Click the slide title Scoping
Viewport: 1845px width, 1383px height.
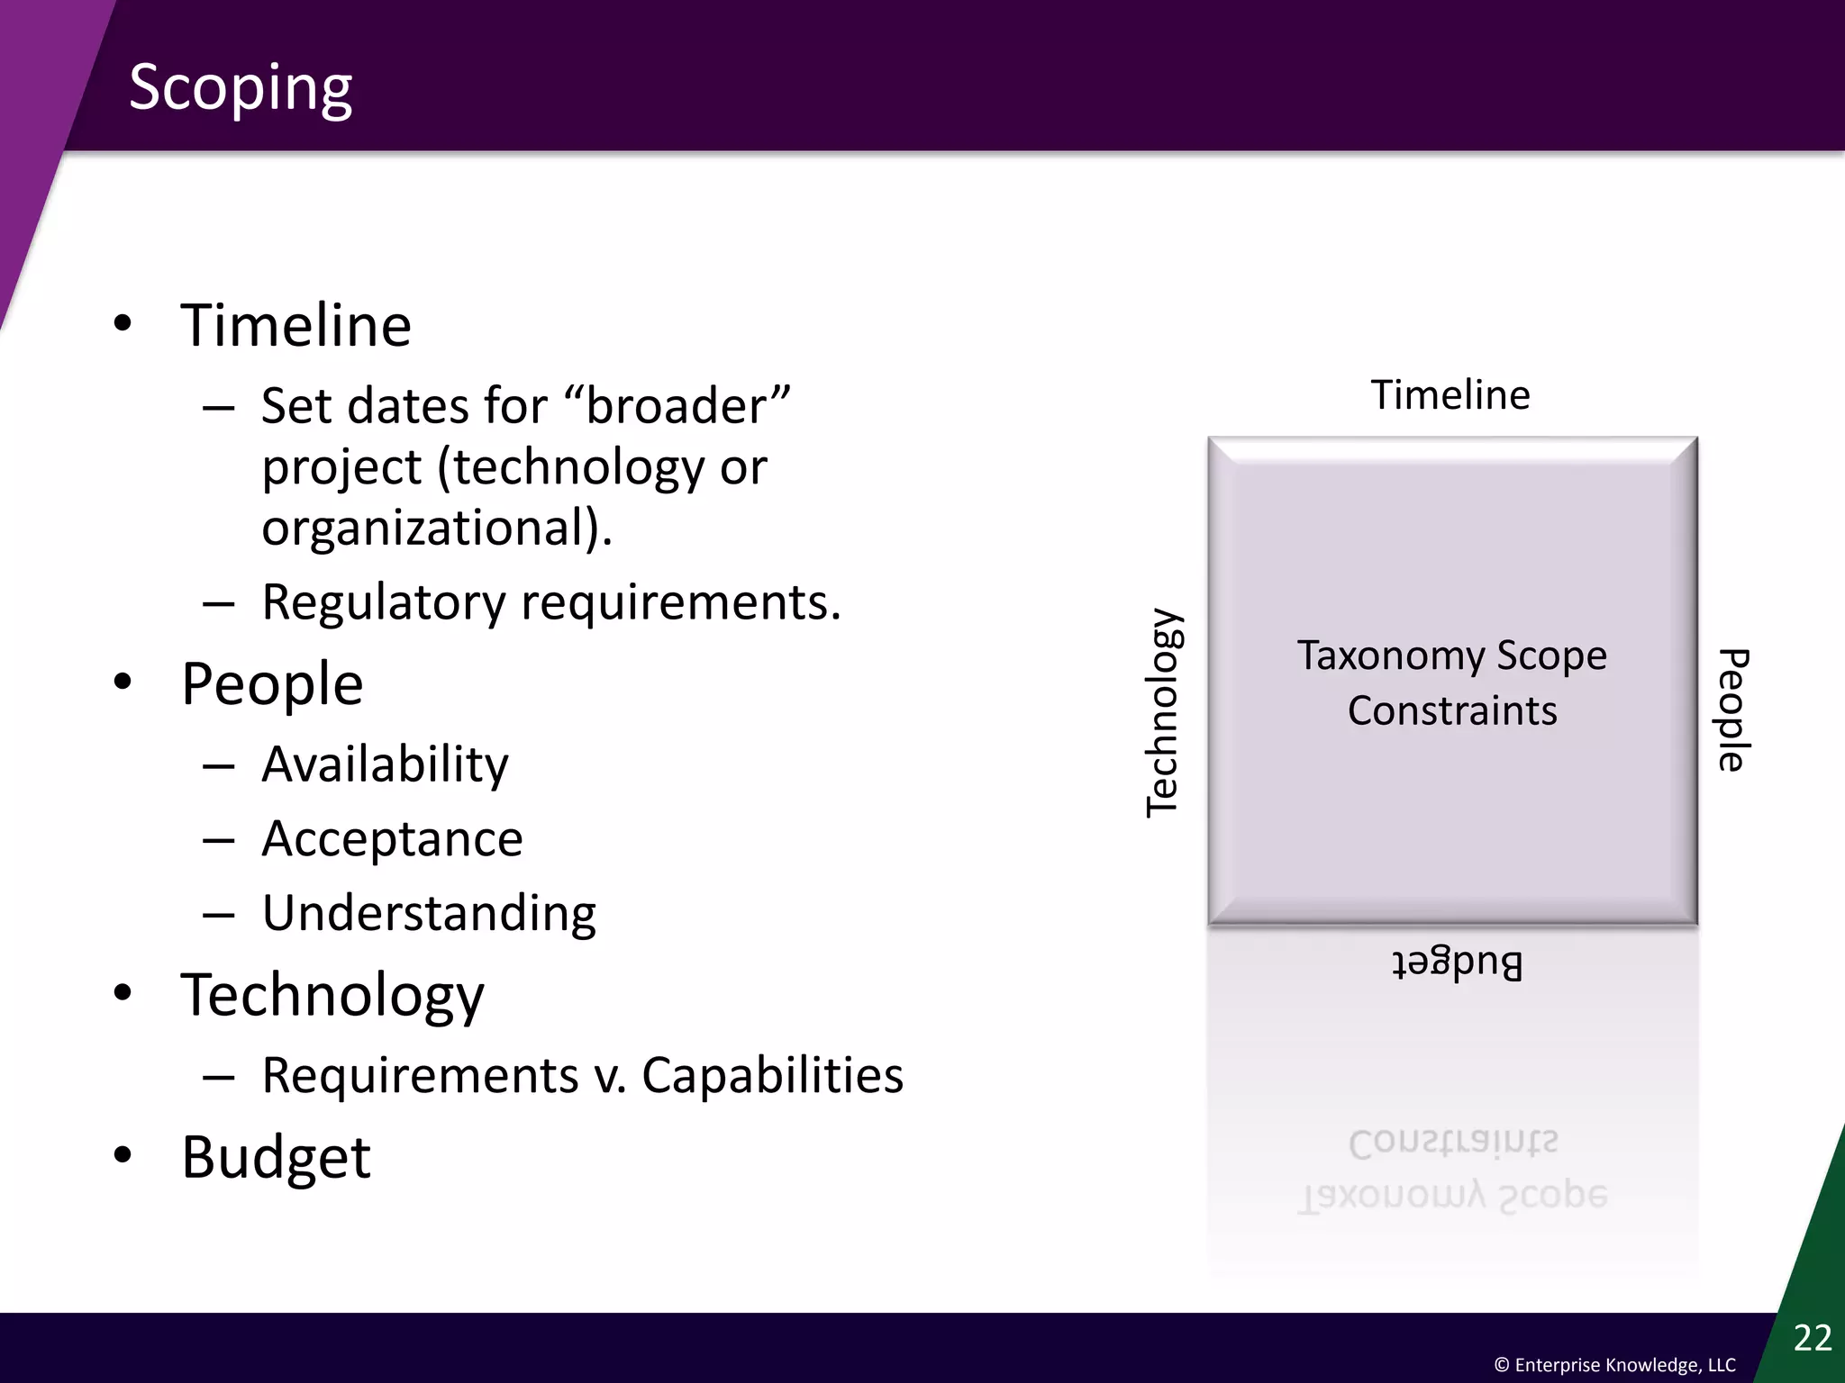[241, 88]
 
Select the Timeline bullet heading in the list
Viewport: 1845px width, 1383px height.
[295, 325]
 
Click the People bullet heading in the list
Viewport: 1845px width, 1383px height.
[272, 683]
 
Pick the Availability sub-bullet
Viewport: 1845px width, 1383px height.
[385, 764]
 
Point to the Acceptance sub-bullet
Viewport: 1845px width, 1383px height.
[392, 839]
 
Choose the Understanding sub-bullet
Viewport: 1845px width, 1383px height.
[429, 913]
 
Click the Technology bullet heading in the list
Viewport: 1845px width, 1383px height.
[332, 995]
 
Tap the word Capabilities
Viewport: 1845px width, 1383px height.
[772, 1075]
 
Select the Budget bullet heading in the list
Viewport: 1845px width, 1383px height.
[276, 1157]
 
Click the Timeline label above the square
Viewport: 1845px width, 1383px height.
[1450, 395]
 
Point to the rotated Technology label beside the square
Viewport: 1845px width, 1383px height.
[1163, 712]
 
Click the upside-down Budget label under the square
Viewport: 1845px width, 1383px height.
[1457, 963]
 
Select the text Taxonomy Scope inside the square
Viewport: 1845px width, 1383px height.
[1451, 655]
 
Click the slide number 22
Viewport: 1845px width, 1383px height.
[1813, 1338]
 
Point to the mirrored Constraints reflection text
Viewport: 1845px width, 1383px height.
[1452, 1143]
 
